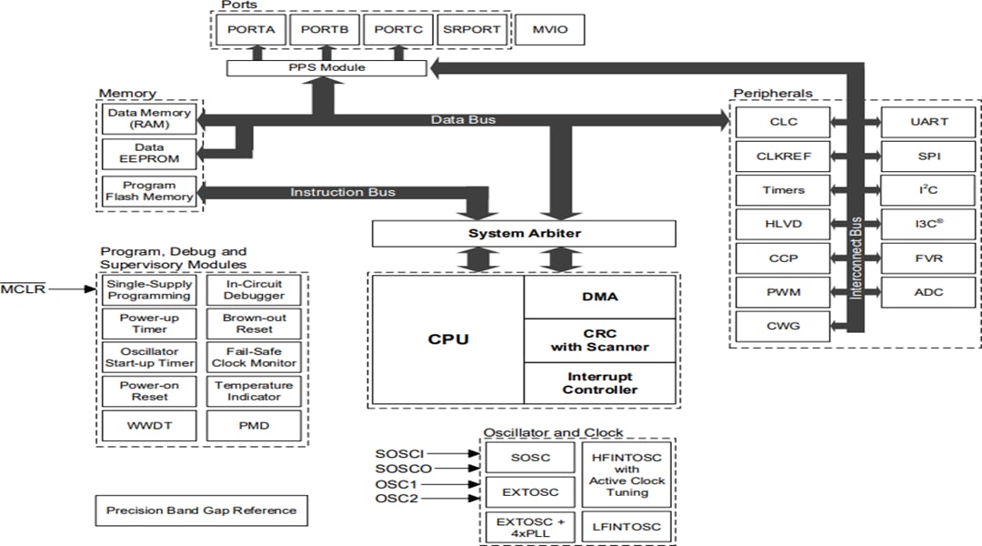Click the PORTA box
click(251, 29)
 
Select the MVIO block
click(549, 29)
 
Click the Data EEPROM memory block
click(149, 153)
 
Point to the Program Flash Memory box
click(149, 191)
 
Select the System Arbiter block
click(524, 234)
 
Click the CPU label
click(448, 339)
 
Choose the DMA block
click(599, 297)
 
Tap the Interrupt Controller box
click(599, 383)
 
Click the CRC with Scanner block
click(599, 340)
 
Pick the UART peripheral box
click(928, 121)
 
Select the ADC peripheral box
click(928, 292)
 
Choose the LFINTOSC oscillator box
click(626, 526)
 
